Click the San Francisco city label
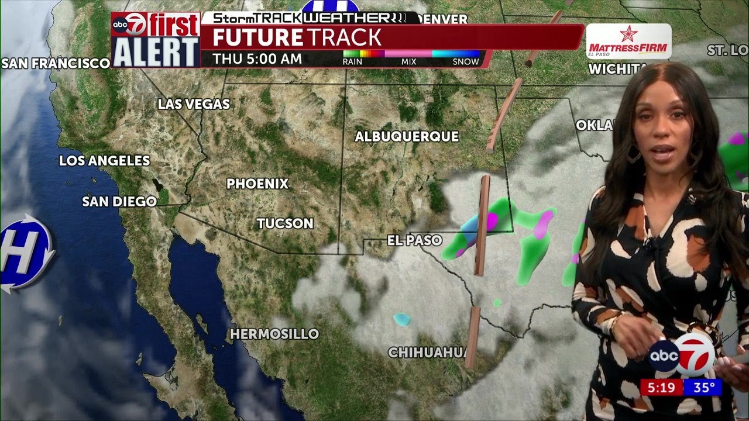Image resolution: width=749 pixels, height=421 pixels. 56,63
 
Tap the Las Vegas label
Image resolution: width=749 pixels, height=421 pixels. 194,105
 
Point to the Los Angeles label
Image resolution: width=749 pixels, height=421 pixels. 105,161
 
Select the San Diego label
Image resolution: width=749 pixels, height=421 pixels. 119,202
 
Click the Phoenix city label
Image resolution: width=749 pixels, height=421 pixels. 257,184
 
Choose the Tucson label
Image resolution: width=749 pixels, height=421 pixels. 285,223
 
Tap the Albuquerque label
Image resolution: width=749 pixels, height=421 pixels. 407,137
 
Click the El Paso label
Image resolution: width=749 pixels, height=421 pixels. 414,240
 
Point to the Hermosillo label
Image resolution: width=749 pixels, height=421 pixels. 274,334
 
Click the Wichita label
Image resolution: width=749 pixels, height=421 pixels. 617,69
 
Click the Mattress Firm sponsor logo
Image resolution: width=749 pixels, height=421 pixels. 628,42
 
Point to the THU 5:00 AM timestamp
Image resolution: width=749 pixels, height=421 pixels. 257,59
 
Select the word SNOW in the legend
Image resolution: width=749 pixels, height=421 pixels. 466,61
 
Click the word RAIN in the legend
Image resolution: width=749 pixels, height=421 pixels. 352,61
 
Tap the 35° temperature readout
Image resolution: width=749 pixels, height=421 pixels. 705,387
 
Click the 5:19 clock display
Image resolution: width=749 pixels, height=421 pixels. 661,387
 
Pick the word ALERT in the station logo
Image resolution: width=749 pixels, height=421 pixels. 156,53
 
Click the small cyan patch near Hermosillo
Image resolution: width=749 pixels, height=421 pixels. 401,319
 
